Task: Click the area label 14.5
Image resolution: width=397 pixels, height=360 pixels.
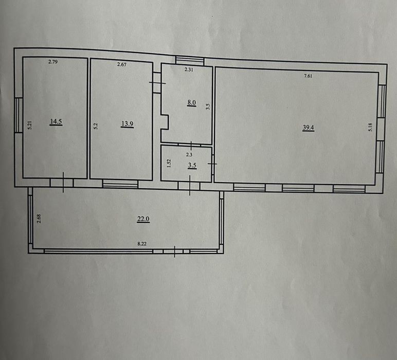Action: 56,121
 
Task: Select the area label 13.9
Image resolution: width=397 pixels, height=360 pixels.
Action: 128,124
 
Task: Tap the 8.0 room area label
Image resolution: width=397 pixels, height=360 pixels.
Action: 192,103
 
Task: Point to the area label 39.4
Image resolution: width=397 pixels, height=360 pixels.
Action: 309,128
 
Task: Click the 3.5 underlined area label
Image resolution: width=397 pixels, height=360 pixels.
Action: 192,166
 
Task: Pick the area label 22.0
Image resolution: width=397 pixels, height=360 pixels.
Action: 143,219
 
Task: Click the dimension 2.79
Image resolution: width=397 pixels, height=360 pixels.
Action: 53,62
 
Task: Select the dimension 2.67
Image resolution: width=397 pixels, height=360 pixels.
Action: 122,64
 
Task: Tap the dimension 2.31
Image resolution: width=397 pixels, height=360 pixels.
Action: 189,69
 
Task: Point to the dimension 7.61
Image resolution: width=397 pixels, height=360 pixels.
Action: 308,76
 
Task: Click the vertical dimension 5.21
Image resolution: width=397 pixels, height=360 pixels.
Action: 30,125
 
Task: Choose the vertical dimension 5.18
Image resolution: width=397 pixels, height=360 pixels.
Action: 370,127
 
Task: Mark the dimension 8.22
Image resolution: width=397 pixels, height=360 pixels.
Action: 142,244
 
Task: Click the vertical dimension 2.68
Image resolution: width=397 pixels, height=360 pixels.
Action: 39,219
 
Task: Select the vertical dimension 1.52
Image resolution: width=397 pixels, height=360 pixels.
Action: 169,163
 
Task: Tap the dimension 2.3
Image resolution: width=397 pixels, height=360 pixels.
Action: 189,154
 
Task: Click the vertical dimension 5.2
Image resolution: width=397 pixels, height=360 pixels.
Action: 96,127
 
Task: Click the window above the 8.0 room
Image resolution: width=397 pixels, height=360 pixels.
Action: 190,60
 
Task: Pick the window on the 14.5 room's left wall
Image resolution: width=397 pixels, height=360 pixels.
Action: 19,115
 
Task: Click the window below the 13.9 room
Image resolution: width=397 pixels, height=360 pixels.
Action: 120,184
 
